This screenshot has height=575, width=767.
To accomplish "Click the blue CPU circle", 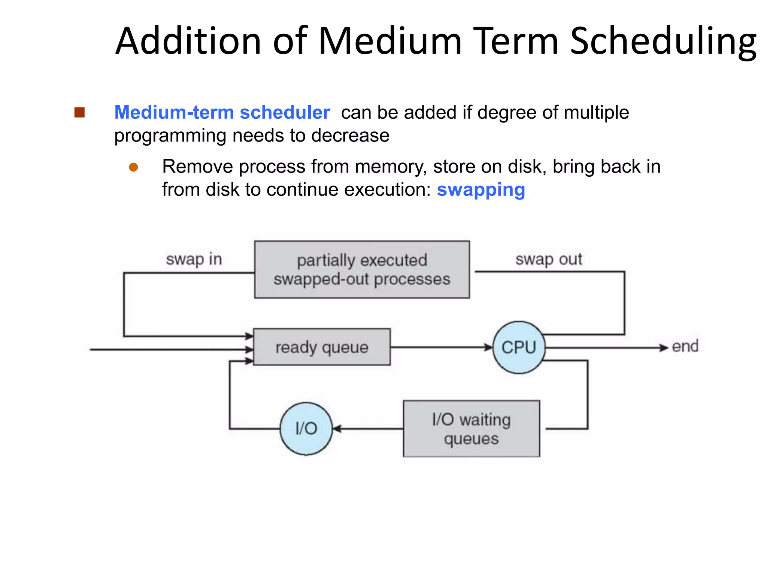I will coord(519,347).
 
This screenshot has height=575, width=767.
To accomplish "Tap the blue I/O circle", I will coord(306,428).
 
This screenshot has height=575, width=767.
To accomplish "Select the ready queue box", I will coord(322,347).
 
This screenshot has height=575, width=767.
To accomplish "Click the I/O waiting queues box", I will coord(471,429).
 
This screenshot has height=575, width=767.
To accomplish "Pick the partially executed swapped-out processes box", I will coord(362,270).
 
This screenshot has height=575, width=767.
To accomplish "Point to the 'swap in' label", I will coord(194,259).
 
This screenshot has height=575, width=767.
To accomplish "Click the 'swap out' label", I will coord(549,259).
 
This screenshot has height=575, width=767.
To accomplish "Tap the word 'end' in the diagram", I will coord(685,346).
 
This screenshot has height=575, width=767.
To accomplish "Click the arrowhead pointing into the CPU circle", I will coord(488,347).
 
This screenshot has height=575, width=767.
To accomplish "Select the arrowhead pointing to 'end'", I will coord(664,348).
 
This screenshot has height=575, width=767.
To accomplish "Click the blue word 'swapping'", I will coord(481,190).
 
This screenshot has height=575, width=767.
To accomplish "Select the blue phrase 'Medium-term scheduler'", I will coord(222,112).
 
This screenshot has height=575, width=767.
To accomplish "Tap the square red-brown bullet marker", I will coord(79,112).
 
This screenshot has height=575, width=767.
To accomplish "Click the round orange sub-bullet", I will coord(133,167).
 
